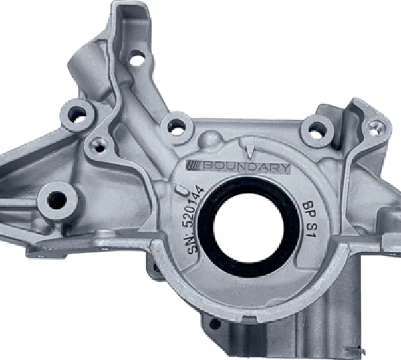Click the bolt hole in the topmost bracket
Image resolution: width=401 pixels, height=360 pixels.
point(136,58)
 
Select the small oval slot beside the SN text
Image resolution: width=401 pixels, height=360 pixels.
point(182,191)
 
